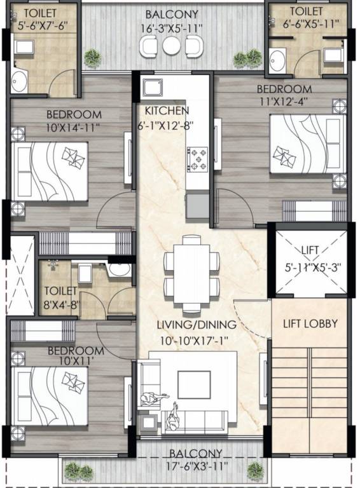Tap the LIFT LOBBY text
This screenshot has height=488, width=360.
310,323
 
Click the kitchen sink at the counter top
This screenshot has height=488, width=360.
153,87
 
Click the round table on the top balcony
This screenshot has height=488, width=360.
172,45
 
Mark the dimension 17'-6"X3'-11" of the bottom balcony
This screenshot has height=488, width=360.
196,466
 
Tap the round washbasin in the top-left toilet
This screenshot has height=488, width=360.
19,81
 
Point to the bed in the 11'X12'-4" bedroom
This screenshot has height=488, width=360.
307,144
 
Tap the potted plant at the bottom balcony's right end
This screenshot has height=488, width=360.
256,470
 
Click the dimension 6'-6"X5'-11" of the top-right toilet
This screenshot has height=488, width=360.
307,24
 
